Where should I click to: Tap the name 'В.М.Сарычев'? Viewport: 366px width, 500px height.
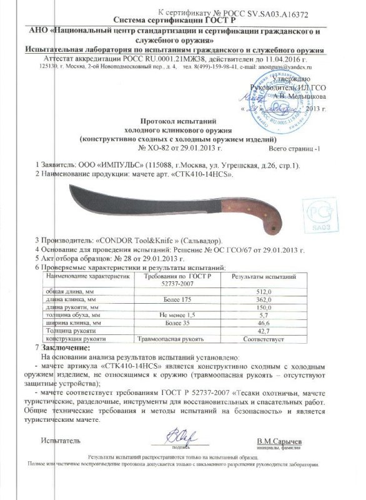coord(279,442)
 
